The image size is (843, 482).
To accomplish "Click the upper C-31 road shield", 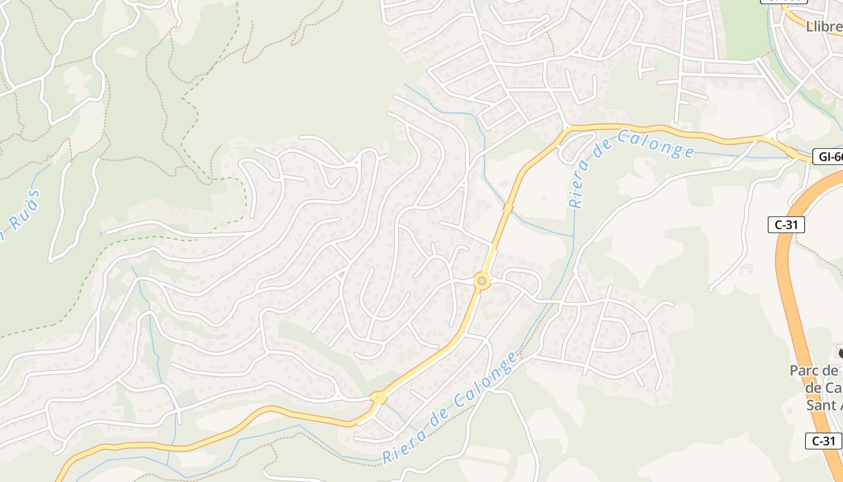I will pos(786,225).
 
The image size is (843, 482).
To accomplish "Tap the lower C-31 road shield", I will pos(823,440).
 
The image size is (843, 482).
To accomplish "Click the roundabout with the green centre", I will pos(481,280).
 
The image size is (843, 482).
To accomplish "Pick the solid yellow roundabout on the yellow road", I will pos(378,398).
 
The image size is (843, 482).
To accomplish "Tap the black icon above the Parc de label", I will pos(841,352).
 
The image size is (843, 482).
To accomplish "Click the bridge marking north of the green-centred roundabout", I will pos(508,208).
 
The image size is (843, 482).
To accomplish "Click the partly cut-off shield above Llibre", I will pos(783,2).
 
